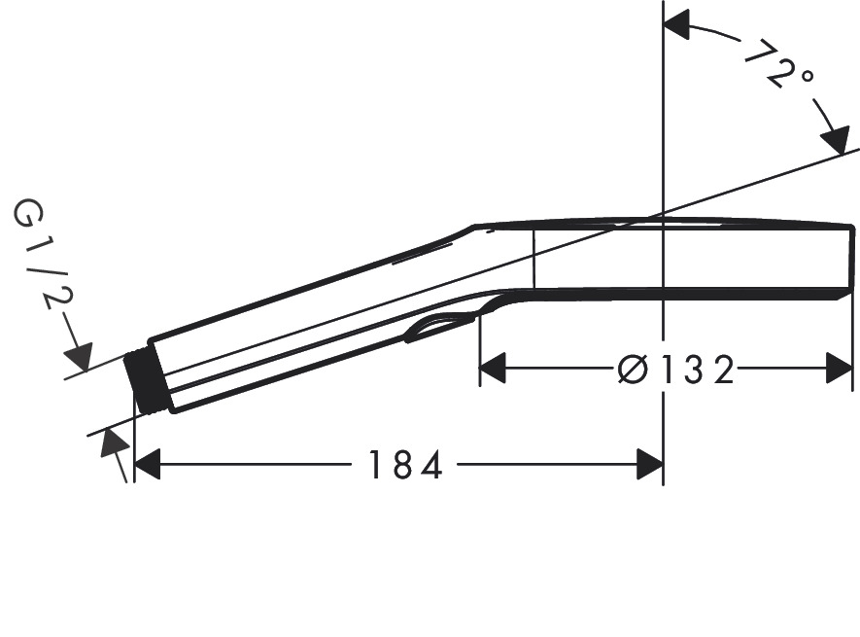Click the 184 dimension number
pos(404,466)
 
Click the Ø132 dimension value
pos(676,370)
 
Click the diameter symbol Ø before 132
pos(633,370)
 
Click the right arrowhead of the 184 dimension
pos(649,466)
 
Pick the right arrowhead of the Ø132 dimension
pos(840,370)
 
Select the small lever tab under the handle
pos(439,328)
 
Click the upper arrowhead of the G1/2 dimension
pos(78,356)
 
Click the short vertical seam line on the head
pos(533,260)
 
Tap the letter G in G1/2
pos(24,213)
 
